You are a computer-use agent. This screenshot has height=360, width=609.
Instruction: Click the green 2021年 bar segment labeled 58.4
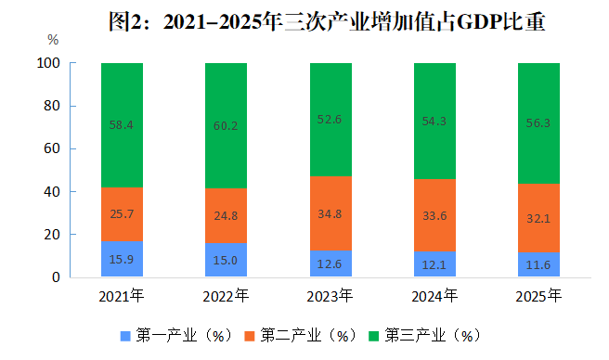[122, 125]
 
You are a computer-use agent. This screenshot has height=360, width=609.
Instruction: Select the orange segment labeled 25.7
[122, 214]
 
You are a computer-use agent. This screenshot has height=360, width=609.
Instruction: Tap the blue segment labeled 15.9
[122, 259]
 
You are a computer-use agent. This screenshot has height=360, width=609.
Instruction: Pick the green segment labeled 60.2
[226, 125]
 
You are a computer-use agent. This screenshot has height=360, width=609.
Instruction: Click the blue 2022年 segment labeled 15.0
[226, 260]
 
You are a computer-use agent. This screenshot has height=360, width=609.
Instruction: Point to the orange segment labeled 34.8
[330, 213]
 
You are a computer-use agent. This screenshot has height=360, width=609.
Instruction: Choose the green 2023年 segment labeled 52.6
[330, 120]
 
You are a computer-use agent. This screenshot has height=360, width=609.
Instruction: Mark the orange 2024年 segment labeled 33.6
[435, 215]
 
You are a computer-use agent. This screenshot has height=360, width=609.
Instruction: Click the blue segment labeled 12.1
[435, 264]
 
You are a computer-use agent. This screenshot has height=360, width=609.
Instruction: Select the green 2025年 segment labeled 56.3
[539, 123]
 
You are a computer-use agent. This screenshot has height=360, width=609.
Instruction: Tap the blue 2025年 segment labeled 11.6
[539, 264]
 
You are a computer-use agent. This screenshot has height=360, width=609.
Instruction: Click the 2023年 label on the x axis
[330, 296]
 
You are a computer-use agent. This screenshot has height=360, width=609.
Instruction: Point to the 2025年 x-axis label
[538, 296]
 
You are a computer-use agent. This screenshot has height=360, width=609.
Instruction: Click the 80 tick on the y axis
[52, 106]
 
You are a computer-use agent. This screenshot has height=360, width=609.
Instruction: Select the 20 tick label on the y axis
[52, 235]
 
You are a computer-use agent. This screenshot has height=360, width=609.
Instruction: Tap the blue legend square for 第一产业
[125, 336]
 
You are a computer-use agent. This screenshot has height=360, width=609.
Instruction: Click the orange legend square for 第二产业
[250, 336]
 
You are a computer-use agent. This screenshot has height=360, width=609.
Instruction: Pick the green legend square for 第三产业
[373, 336]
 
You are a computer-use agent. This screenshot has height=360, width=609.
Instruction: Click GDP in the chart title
[479, 21]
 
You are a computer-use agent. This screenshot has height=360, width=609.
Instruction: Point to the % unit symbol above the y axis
[53, 40]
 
